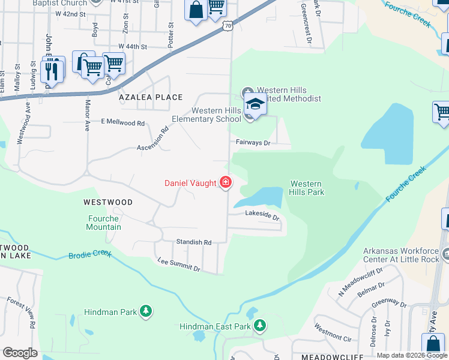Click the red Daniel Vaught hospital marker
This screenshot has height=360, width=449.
pos(226,182)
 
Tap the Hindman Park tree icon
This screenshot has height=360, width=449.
pos(145,311)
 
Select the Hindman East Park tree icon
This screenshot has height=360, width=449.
pos(259,326)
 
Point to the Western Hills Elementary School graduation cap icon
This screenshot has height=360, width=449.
pos(255,104)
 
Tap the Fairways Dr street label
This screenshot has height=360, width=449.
pos(253,143)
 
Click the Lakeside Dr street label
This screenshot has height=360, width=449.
pos(262,215)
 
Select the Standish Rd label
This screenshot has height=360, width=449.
pos(194,242)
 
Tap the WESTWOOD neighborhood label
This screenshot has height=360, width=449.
pos(108,202)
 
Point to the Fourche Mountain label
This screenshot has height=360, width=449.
pos(104,223)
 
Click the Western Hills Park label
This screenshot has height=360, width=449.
pos(307,188)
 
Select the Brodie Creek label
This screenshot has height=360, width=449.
pos(90,254)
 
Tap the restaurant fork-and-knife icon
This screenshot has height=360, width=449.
pos(52,71)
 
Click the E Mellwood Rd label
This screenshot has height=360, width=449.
pos(123,123)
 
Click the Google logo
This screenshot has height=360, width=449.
pos(20,353)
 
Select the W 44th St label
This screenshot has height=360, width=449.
pos(133,46)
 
